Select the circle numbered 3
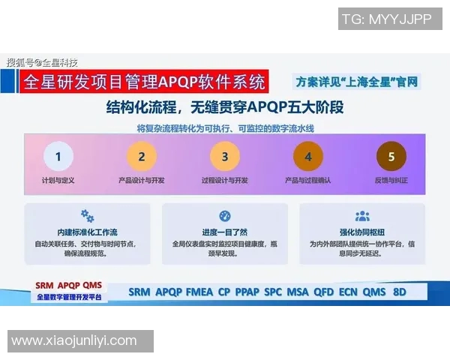pos(224,157)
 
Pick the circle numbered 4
pos(307,157)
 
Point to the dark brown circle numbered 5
pos(391,157)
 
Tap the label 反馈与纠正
pos(391,181)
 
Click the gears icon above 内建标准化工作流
pos(87,216)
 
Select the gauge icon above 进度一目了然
pos(225,216)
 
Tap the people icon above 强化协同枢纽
pos(362,216)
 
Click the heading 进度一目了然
pos(225,232)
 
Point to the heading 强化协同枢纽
pos(362,232)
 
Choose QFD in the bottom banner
pos(323,292)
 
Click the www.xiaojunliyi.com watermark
pos(74,341)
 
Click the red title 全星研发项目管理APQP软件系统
pos(144,80)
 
